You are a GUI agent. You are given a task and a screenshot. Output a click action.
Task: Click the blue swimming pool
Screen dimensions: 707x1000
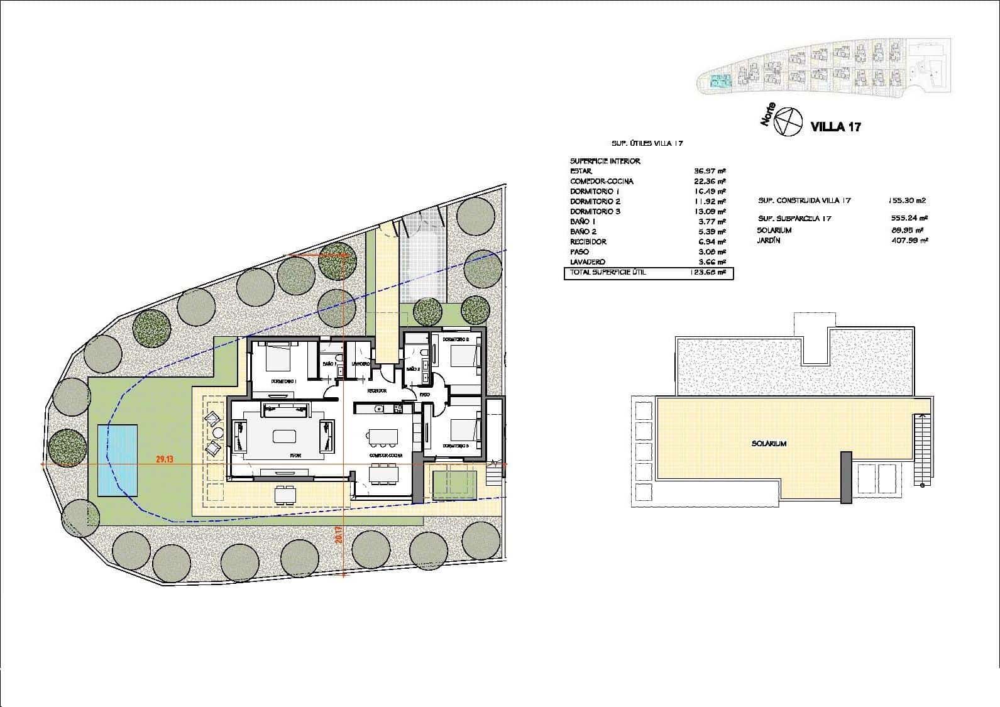pos(118,460)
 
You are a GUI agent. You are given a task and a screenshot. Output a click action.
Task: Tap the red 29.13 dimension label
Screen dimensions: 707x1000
pos(165,459)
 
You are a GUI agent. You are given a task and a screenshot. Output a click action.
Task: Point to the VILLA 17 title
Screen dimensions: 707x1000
pos(836,126)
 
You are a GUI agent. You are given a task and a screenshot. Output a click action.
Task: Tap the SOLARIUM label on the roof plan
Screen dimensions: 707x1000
pos(769,444)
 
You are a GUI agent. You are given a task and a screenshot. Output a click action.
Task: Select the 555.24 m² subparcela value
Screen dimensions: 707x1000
pos(911,219)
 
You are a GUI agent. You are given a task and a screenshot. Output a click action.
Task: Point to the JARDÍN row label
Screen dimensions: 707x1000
pos(768,240)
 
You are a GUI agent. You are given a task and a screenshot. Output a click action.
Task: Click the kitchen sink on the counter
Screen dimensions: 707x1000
pos(378,409)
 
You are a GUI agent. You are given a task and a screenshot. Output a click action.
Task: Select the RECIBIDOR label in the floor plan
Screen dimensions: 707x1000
pos(376,391)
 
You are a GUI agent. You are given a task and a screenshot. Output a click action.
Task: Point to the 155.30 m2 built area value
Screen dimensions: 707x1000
pos(907,201)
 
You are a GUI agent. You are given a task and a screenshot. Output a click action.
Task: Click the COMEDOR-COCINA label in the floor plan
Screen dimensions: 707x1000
pos(386,455)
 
